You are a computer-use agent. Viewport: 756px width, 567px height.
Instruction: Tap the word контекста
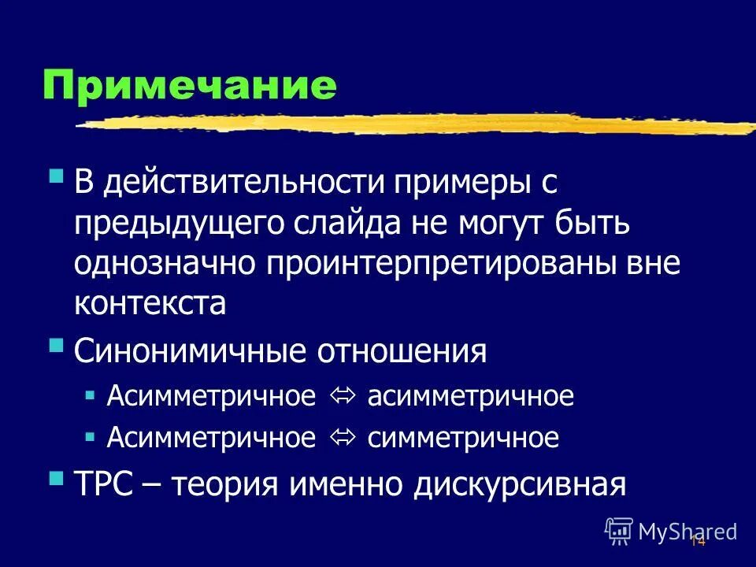(150, 303)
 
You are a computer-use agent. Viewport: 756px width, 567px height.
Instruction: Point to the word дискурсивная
(521, 484)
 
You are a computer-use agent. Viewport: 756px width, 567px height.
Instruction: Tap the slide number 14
(697, 541)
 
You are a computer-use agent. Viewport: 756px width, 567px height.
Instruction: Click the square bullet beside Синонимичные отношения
(56, 344)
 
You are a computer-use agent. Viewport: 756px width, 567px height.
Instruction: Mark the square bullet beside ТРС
(56, 477)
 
